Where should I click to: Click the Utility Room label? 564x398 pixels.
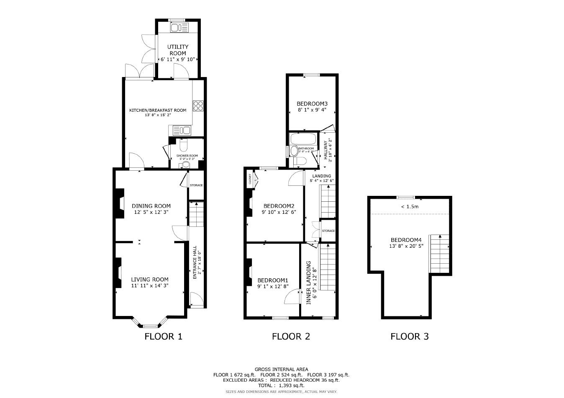coord(178,50)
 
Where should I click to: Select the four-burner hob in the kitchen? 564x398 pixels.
coord(198,106)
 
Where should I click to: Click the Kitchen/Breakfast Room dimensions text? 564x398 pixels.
coord(158,115)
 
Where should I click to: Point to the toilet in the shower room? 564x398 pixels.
coord(183,145)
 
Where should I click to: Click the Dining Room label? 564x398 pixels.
coord(151,206)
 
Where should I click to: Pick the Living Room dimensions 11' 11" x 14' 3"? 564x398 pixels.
coord(150,286)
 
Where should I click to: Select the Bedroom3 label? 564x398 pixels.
coord(312,104)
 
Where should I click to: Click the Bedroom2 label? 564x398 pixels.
coord(279,206)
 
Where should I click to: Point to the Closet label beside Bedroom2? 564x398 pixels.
coord(250,179)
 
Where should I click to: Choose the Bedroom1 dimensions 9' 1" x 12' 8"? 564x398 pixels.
coord(273,287)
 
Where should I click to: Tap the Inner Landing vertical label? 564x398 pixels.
coord(309,282)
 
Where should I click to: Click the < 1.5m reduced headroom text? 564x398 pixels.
coord(410,206)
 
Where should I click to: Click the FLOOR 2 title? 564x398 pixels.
coord(291,336)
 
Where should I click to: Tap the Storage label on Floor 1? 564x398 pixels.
coord(196,185)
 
